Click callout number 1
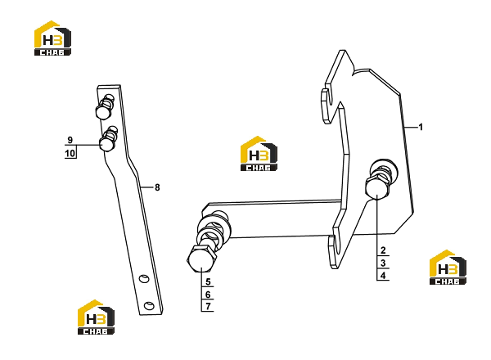[421, 127]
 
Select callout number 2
[383, 250]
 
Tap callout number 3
[383, 263]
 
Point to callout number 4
[383, 276]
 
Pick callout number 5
[208, 282]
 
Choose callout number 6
[208, 295]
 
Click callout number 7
[208, 306]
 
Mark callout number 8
[157, 187]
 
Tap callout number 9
[70, 140]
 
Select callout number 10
[70, 153]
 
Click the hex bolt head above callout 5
[202, 259]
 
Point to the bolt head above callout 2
[377, 188]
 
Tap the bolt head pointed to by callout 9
[106, 145]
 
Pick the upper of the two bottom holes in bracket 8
[144, 278]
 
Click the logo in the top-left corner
[52, 38]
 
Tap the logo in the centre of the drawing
[259, 153]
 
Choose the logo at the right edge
[448, 268]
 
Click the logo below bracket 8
[96, 317]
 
